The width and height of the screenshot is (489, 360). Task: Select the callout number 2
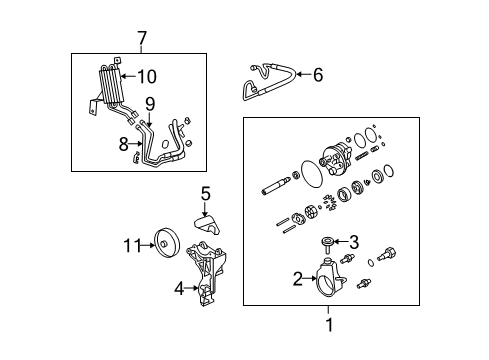[297, 279]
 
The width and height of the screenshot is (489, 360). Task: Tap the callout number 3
[352, 240]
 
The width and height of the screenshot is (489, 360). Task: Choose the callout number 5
[205, 193]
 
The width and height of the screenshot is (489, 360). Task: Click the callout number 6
[318, 73]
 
